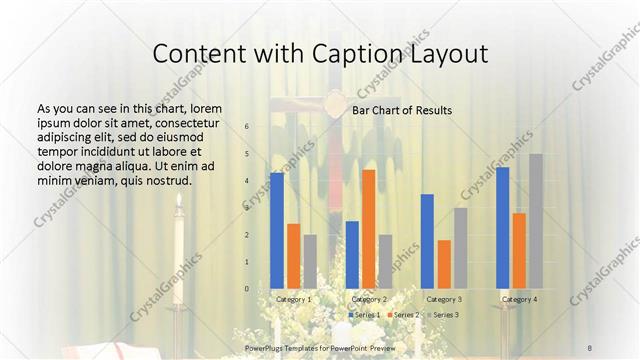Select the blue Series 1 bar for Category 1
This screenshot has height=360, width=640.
tap(277, 231)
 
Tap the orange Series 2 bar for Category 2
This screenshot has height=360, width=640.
tap(369, 229)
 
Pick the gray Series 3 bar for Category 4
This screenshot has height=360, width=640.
tap(536, 221)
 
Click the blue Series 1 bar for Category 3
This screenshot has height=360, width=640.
tap(427, 241)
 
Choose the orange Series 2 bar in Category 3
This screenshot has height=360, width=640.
tap(444, 264)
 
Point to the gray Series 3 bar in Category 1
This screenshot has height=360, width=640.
tap(310, 262)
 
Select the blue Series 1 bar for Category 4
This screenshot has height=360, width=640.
tap(502, 228)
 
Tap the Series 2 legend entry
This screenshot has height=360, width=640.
tap(403, 315)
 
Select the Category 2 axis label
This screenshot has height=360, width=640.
tap(369, 299)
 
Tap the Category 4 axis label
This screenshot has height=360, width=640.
tap(519, 299)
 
